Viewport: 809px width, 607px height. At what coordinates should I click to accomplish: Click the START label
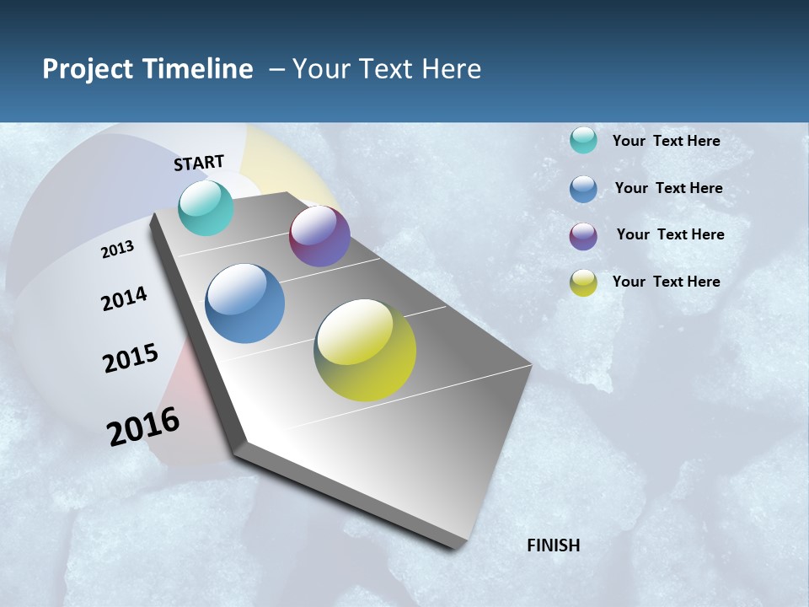pyautogui.click(x=199, y=163)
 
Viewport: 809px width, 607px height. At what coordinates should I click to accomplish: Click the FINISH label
pyautogui.click(x=553, y=545)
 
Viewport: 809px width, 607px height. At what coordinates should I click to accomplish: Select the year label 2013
pyautogui.click(x=117, y=250)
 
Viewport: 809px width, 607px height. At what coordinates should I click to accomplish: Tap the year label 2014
pyautogui.click(x=124, y=299)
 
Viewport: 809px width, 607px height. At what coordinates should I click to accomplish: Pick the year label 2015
pyautogui.click(x=131, y=358)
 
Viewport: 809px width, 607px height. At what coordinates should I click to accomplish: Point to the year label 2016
pyautogui.click(x=143, y=427)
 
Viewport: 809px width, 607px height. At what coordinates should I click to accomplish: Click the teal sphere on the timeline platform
pyautogui.click(x=206, y=207)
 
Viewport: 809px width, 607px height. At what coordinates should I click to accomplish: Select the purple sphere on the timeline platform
pyautogui.click(x=319, y=236)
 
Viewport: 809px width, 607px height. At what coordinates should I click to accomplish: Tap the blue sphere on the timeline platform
pyautogui.click(x=245, y=303)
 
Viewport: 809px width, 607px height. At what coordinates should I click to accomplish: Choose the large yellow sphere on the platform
pyautogui.click(x=365, y=350)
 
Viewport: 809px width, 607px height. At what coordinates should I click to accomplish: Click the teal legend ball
pyautogui.click(x=583, y=140)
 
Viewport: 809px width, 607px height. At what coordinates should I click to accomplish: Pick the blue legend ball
pyautogui.click(x=583, y=188)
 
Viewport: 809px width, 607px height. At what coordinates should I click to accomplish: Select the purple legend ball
pyautogui.click(x=583, y=236)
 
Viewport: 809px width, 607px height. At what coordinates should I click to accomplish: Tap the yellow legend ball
pyautogui.click(x=583, y=282)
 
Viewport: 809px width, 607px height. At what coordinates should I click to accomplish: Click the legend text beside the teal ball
pyautogui.click(x=666, y=141)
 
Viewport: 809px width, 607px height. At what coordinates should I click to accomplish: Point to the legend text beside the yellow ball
pyautogui.click(x=666, y=282)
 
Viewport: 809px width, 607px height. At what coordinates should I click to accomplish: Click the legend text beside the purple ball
pyautogui.click(x=670, y=234)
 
